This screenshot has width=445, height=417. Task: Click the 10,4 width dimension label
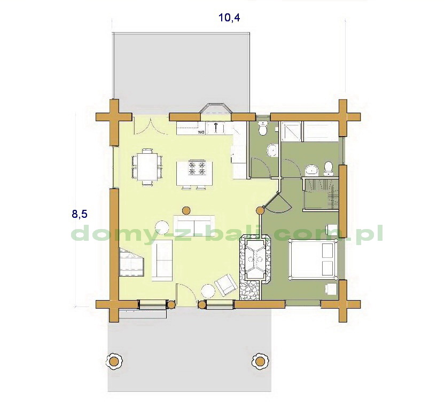(229, 18)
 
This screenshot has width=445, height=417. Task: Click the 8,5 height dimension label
(80, 214)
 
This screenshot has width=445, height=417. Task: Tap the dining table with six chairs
(147, 167)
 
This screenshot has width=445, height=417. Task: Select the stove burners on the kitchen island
(197, 168)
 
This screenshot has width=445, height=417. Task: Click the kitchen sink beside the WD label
(216, 128)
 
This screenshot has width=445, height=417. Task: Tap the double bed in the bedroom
(313, 259)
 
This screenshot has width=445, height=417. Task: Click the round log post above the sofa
(186, 210)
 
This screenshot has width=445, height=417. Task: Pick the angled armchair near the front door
(225, 285)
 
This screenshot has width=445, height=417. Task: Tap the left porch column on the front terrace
(114, 361)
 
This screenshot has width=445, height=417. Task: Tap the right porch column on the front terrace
(260, 361)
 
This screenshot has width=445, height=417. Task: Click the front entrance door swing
(186, 294)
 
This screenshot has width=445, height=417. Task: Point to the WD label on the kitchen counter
(201, 132)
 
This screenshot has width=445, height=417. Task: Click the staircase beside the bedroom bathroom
(321, 194)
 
